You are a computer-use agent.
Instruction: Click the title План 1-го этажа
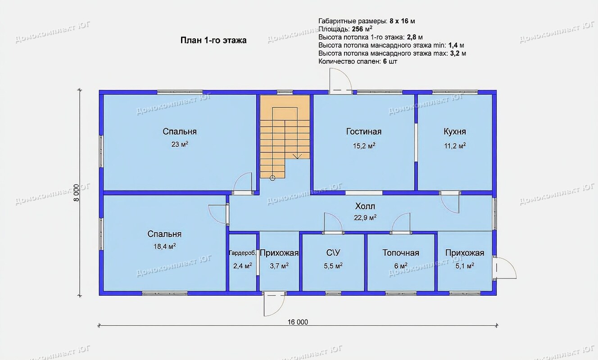(213, 40)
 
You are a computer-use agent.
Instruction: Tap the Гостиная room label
(363, 131)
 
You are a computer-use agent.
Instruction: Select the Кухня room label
(455, 131)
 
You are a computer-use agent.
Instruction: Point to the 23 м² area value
(180, 144)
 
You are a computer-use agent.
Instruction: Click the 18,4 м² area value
(164, 246)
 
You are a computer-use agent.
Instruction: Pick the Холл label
(365, 206)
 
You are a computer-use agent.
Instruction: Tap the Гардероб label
(242, 253)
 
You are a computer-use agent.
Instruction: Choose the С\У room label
(333, 253)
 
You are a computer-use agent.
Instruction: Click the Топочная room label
(401, 253)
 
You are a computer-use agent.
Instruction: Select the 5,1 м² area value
(465, 265)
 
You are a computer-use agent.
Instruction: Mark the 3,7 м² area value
(279, 265)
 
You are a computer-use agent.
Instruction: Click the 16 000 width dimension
(298, 322)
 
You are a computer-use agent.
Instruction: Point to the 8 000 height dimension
(77, 193)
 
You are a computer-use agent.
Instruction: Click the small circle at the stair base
(272, 178)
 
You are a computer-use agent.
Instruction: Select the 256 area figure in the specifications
(358, 29)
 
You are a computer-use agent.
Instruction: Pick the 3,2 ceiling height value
(455, 54)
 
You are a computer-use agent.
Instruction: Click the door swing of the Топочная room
(401, 222)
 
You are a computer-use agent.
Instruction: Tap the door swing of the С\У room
(333, 222)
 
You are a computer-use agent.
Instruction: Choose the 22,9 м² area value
(365, 218)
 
